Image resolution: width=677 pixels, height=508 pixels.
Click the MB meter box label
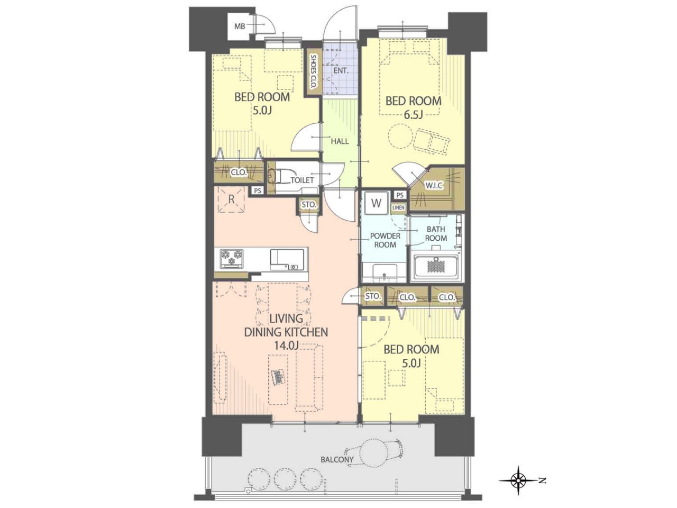pos(240,26)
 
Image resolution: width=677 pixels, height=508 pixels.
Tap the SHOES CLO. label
pos(313,72)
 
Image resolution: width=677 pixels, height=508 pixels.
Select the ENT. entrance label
pos(341,70)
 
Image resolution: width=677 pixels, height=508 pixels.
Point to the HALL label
pos(340,142)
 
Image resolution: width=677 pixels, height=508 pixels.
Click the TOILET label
pos(302,180)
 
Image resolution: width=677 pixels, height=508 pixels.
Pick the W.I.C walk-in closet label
pos(434,186)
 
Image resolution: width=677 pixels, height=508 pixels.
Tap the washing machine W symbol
pos(376,203)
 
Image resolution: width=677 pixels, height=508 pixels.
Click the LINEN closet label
pos(398,208)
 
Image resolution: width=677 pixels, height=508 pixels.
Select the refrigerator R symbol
pos(231,199)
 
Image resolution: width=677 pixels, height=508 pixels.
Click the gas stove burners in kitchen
pos(231,258)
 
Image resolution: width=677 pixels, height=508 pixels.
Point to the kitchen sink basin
pos(287,260)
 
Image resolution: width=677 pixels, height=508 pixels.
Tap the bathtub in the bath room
pos(435,266)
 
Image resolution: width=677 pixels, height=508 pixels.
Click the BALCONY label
pos(337,468)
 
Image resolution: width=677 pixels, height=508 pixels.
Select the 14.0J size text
pos(286,346)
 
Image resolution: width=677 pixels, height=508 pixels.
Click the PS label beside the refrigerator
pos(258,190)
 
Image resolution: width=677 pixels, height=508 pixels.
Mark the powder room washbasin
pos(385,273)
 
